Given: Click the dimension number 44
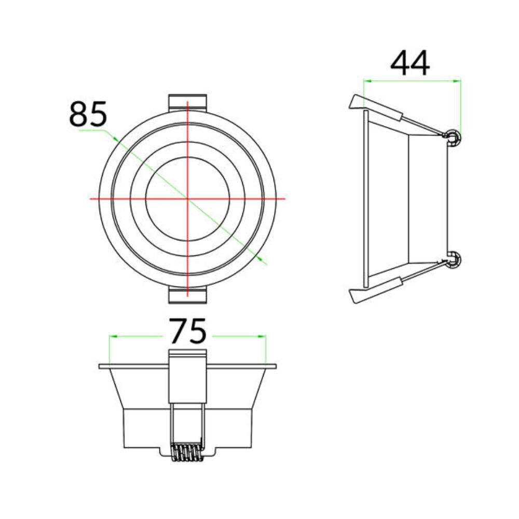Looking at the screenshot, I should [410, 64].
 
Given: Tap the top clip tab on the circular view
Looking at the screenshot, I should [187, 102].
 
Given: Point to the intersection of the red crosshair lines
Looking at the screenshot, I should [187, 198].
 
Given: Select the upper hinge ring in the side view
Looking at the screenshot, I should [454, 138].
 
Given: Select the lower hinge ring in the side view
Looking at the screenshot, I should [454, 259].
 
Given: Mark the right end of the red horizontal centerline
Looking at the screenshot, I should [284, 198].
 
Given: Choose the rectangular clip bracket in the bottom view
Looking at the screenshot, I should [187, 376].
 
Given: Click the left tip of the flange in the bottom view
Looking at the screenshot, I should [100, 366].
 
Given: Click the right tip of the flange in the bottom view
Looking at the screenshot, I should [275, 366].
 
